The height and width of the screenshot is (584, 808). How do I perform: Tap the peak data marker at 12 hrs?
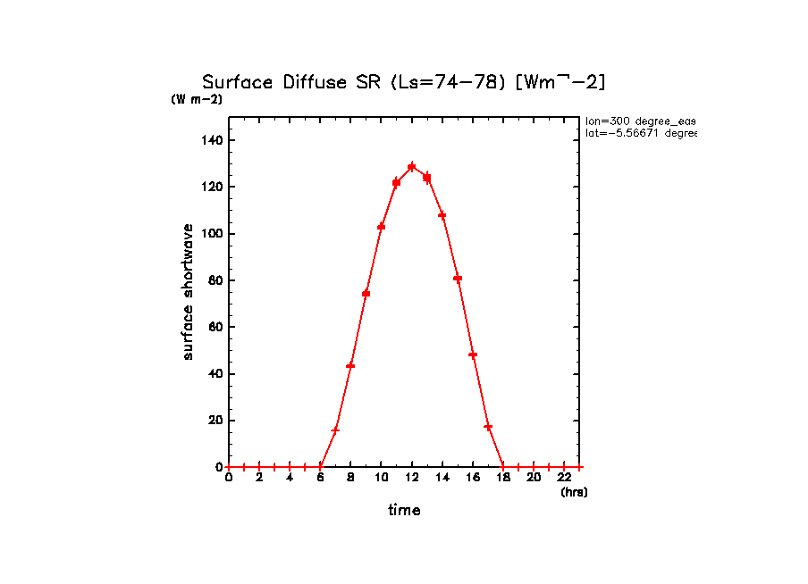(x=412, y=166)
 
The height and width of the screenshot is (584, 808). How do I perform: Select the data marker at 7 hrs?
(x=335, y=430)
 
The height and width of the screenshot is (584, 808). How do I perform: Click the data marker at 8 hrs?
(x=350, y=365)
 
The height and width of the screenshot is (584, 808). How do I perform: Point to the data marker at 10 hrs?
(x=382, y=227)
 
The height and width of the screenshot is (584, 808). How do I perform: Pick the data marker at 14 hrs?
(x=442, y=215)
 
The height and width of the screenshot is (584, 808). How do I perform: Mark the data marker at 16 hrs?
(x=473, y=355)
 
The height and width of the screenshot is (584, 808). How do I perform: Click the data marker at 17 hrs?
(x=488, y=427)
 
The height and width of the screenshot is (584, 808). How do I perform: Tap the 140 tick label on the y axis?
(x=212, y=140)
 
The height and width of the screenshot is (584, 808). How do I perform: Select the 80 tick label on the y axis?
(x=215, y=280)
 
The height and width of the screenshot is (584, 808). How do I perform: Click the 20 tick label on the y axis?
(x=215, y=421)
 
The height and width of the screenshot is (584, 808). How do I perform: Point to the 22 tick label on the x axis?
(x=564, y=478)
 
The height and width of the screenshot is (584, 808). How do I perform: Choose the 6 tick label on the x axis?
(x=320, y=478)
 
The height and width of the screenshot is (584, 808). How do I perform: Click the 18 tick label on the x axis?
(x=503, y=478)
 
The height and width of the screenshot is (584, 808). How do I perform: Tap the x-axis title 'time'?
(x=404, y=511)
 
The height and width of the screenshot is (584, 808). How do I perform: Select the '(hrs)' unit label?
(x=574, y=492)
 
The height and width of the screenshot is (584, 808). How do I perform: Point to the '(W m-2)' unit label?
(x=197, y=99)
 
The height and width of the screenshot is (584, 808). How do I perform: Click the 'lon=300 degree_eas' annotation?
(x=640, y=121)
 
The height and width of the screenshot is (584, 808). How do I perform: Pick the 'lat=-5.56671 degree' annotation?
(x=640, y=133)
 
